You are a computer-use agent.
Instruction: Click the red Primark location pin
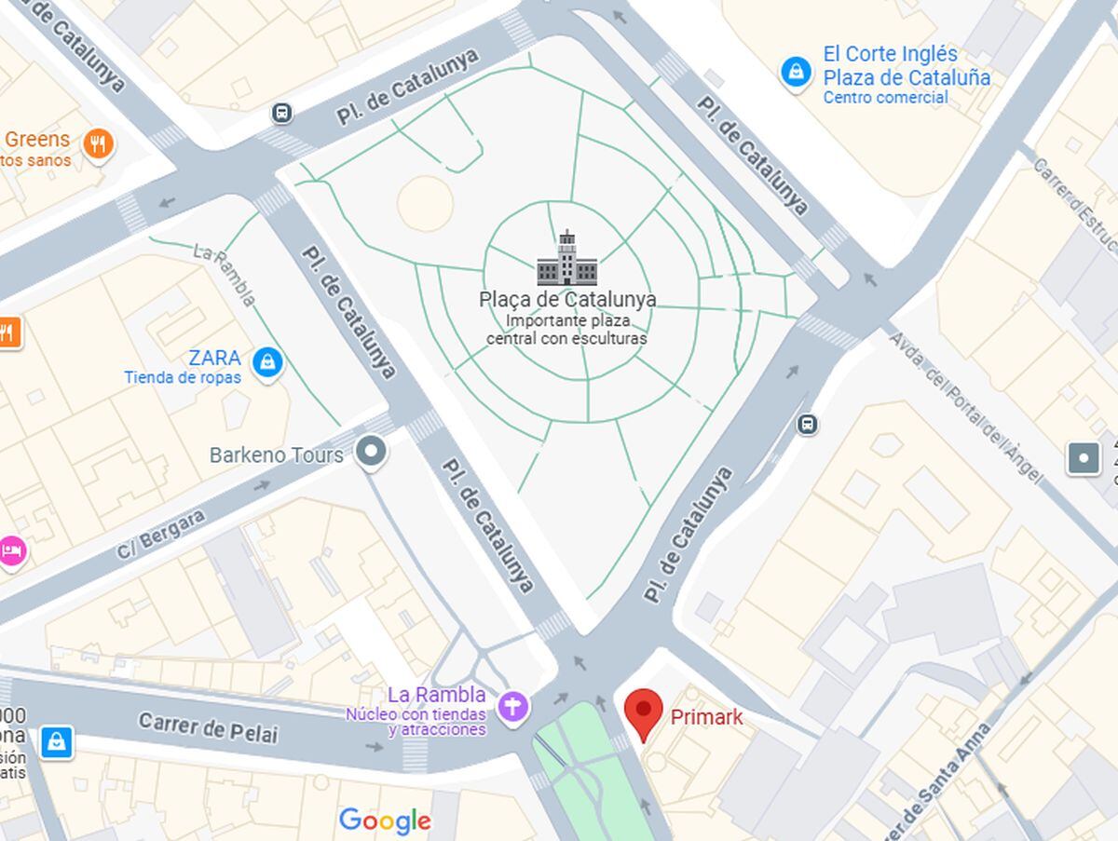coord(643,713)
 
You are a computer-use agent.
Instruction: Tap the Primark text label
coord(706,717)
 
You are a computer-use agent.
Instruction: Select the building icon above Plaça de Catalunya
coord(566,259)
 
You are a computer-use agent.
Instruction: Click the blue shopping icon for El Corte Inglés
coord(796,72)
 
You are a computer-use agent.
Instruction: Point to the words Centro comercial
coord(885,98)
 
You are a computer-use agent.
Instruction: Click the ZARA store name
coord(214,359)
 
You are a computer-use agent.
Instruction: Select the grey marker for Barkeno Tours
coord(373,453)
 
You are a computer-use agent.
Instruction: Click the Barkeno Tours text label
coord(276,455)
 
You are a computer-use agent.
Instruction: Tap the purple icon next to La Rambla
coord(512,705)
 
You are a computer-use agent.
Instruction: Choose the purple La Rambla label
coord(436,695)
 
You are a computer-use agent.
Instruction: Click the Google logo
coord(385,821)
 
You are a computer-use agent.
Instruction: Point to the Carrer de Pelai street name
coord(208,727)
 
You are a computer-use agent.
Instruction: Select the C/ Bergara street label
coord(160,535)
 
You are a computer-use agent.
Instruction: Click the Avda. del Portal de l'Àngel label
coord(965,406)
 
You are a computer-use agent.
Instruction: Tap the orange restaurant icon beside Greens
coord(98,143)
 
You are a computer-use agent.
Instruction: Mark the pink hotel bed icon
coord(11,550)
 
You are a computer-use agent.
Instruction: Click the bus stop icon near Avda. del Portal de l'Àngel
coord(807,425)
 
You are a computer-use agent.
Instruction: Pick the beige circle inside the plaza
coord(425,202)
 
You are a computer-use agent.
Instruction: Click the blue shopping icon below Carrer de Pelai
coord(56,741)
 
